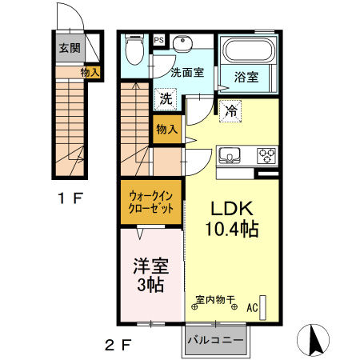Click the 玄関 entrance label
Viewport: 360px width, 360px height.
click(69, 47)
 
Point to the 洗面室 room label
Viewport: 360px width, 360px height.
click(187, 72)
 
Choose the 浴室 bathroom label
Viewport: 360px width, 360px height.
click(246, 78)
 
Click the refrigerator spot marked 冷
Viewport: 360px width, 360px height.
click(230, 111)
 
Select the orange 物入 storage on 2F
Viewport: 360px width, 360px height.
click(166, 129)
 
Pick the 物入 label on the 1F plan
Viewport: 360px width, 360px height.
click(90, 73)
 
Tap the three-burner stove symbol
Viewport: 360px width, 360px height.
click(266, 154)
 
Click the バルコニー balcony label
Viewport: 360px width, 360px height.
click(215, 341)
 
